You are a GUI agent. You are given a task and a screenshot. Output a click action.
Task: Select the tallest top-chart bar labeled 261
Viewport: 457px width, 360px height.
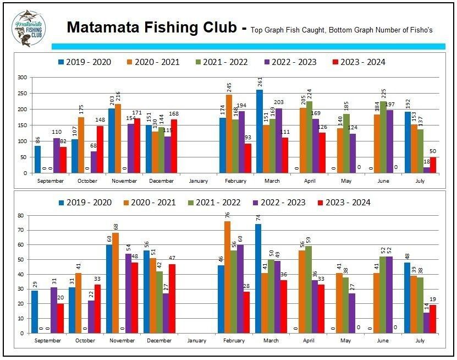260,131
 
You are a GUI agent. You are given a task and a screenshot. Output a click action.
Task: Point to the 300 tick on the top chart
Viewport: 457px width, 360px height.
23,78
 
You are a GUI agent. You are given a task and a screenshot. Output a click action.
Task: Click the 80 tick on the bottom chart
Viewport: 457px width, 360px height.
23,215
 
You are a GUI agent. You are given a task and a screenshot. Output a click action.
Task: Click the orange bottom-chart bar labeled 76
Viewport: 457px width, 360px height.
227,277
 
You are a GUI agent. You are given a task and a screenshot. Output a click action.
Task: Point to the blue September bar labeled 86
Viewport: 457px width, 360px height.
37,159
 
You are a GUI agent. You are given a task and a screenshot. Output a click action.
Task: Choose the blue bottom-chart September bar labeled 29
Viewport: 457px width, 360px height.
35,312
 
